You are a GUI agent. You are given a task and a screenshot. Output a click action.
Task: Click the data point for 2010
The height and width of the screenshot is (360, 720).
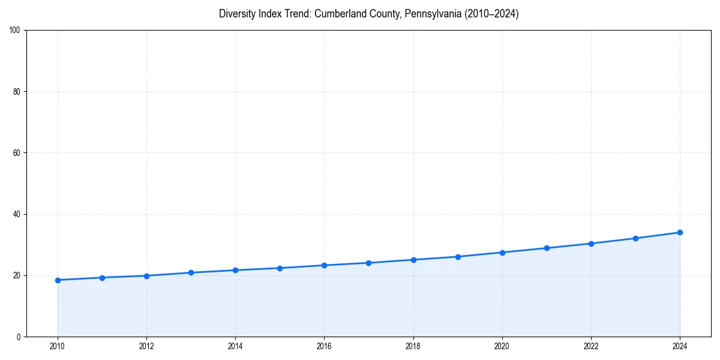pyautogui.click(x=58, y=280)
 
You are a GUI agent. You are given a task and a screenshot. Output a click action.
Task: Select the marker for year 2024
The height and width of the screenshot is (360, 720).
pyautogui.click(x=680, y=232)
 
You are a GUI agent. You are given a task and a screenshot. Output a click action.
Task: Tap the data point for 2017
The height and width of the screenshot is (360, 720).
pyautogui.click(x=368, y=263)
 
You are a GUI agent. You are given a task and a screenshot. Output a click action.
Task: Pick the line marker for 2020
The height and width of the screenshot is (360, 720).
pyautogui.click(x=502, y=253)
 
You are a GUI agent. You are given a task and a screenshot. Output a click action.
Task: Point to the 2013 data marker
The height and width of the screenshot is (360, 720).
pyautogui.click(x=191, y=272)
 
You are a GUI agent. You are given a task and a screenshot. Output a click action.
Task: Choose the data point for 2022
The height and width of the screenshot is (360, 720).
pyautogui.click(x=591, y=244)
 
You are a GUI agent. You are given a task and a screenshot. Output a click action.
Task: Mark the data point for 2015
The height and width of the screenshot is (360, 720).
pyautogui.click(x=280, y=268)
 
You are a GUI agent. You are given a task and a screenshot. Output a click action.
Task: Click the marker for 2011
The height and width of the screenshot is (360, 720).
pyautogui.click(x=102, y=278)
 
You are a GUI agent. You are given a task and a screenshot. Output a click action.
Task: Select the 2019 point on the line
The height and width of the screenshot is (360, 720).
pyautogui.click(x=458, y=257)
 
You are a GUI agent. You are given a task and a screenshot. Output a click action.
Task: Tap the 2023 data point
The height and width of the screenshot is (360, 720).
pyautogui.click(x=635, y=238)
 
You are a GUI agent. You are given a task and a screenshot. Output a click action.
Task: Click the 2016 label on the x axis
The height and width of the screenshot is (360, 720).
pyautogui.click(x=324, y=346)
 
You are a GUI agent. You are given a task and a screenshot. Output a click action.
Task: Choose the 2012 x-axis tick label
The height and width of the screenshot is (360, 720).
pyautogui.click(x=146, y=346)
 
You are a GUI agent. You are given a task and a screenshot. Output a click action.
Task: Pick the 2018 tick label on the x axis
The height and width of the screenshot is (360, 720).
pyautogui.click(x=413, y=346)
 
